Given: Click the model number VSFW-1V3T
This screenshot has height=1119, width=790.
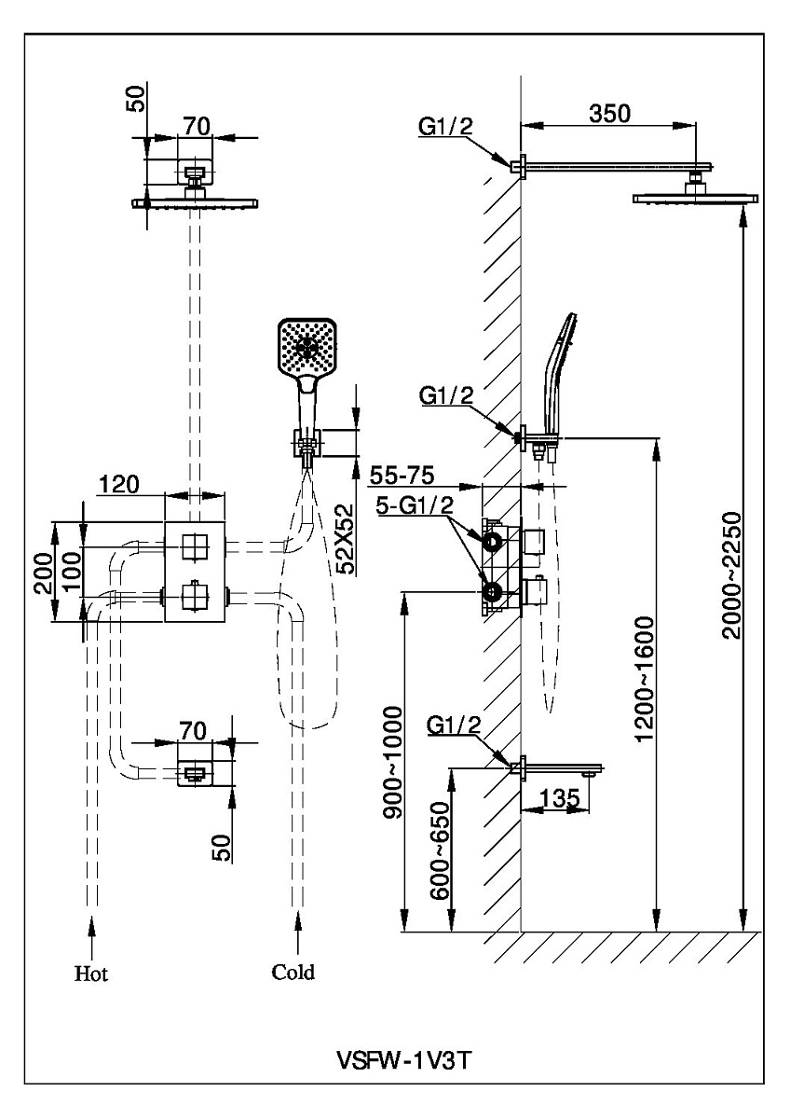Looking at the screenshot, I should pyautogui.click(x=402, y=1061).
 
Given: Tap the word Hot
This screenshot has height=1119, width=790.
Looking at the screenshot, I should pyautogui.click(x=91, y=974).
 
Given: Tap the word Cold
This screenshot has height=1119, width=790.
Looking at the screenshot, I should pyautogui.click(x=293, y=973).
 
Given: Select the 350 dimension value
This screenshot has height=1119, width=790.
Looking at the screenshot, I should pyautogui.click(x=610, y=114).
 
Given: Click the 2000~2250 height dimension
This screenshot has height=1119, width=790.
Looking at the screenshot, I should pyautogui.click(x=731, y=573).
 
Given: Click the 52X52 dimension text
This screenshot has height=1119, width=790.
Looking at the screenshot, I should pyautogui.click(x=347, y=538).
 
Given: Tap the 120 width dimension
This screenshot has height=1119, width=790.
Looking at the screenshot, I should pyautogui.click(x=118, y=483).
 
